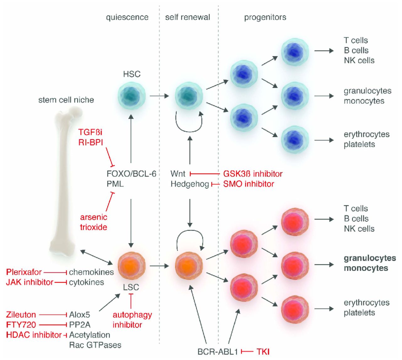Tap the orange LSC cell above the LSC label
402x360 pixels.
click(132, 266)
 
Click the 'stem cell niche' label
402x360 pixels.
click(66, 100)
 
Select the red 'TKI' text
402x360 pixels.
click(263, 352)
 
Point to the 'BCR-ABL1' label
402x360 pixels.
click(217, 352)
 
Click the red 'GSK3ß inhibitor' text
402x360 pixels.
click(253, 174)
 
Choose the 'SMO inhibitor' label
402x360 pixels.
click(249, 184)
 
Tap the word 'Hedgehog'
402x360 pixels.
click(190, 184)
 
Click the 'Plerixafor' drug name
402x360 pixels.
click(24, 272)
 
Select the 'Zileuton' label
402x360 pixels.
click(21, 314)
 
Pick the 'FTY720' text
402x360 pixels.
click(21, 325)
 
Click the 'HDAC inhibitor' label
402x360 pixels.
click(34, 335)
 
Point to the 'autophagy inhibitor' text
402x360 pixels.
click(132, 319)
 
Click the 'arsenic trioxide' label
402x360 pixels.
click(94, 222)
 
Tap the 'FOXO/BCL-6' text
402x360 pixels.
click(131, 174)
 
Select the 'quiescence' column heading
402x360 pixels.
click(127, 17)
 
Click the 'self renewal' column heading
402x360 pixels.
click(187, 17)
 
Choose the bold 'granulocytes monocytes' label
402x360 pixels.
click(370, 263)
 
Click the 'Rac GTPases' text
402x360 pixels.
click(95, 345)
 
